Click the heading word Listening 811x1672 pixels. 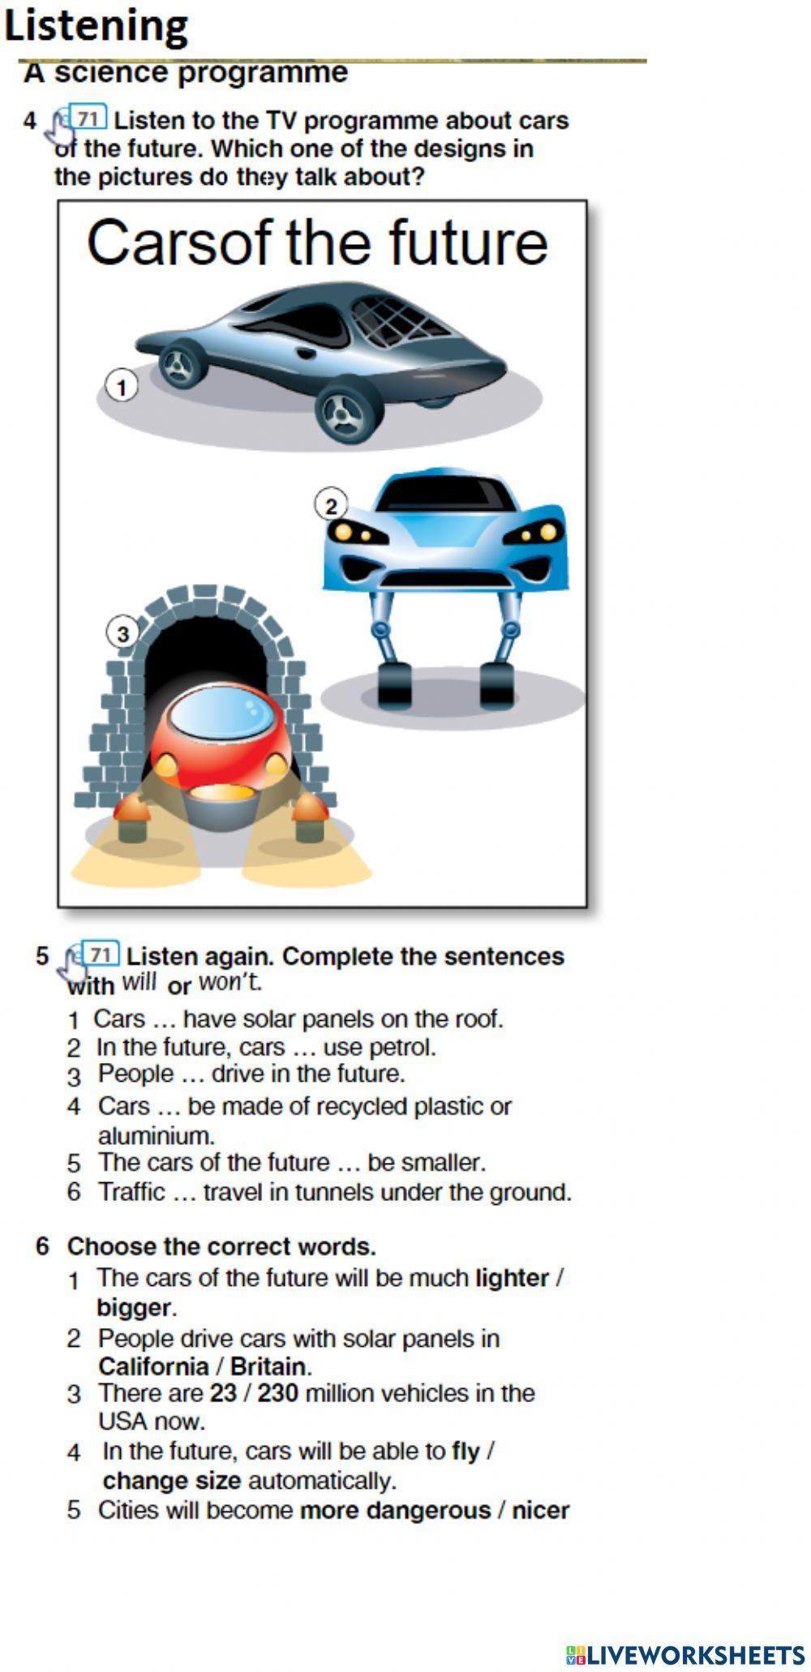click(96, 26)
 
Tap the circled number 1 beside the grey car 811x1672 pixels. click(122, 387)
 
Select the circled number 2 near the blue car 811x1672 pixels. click(331, 505)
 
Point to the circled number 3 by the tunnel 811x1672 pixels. click(122, 633)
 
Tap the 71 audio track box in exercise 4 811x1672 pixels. click(88, 118)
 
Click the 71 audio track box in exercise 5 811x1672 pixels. click(101, 954)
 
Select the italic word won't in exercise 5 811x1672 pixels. click(230, 982)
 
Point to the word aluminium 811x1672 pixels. click(156, 1134)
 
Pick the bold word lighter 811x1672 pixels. click(512, 1278)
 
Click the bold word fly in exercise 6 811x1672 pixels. click(466, 1451)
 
